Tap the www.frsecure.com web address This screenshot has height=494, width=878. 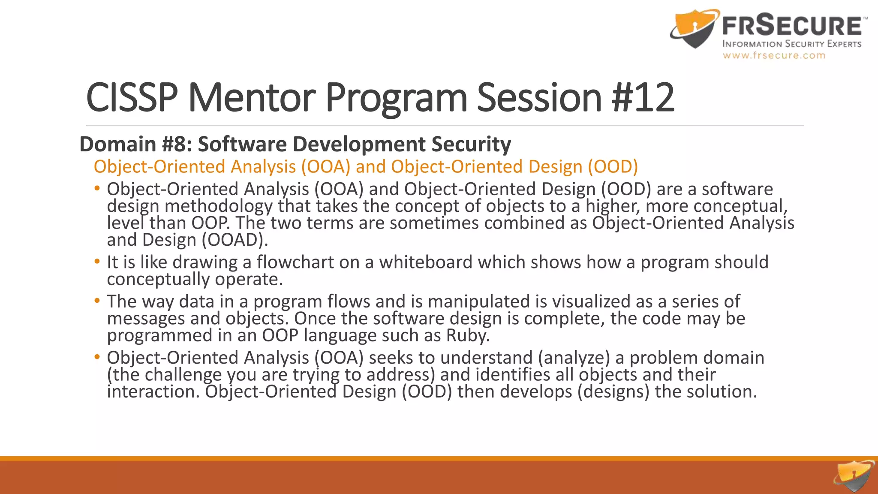pyautogui.click(x=774, y=55)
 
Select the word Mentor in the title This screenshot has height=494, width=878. pyautogui.click(x=252, y=98)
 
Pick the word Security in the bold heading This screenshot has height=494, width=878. pyautogui.click(x=471, y=144)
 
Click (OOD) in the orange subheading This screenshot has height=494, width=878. pyautogui.click(x=613, y=166)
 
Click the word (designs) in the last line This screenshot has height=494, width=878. pyautogui.click(x=613, y=392)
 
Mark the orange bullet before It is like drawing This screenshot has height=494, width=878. pyautogui.click(x=97, y=261)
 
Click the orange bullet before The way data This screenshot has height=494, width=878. pyautogui.click(x=97, y=301)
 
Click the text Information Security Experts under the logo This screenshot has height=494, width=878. pyautogui.click(x=791, y=44)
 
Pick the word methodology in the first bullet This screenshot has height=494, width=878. pyautogui.click(x=218, y=206)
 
